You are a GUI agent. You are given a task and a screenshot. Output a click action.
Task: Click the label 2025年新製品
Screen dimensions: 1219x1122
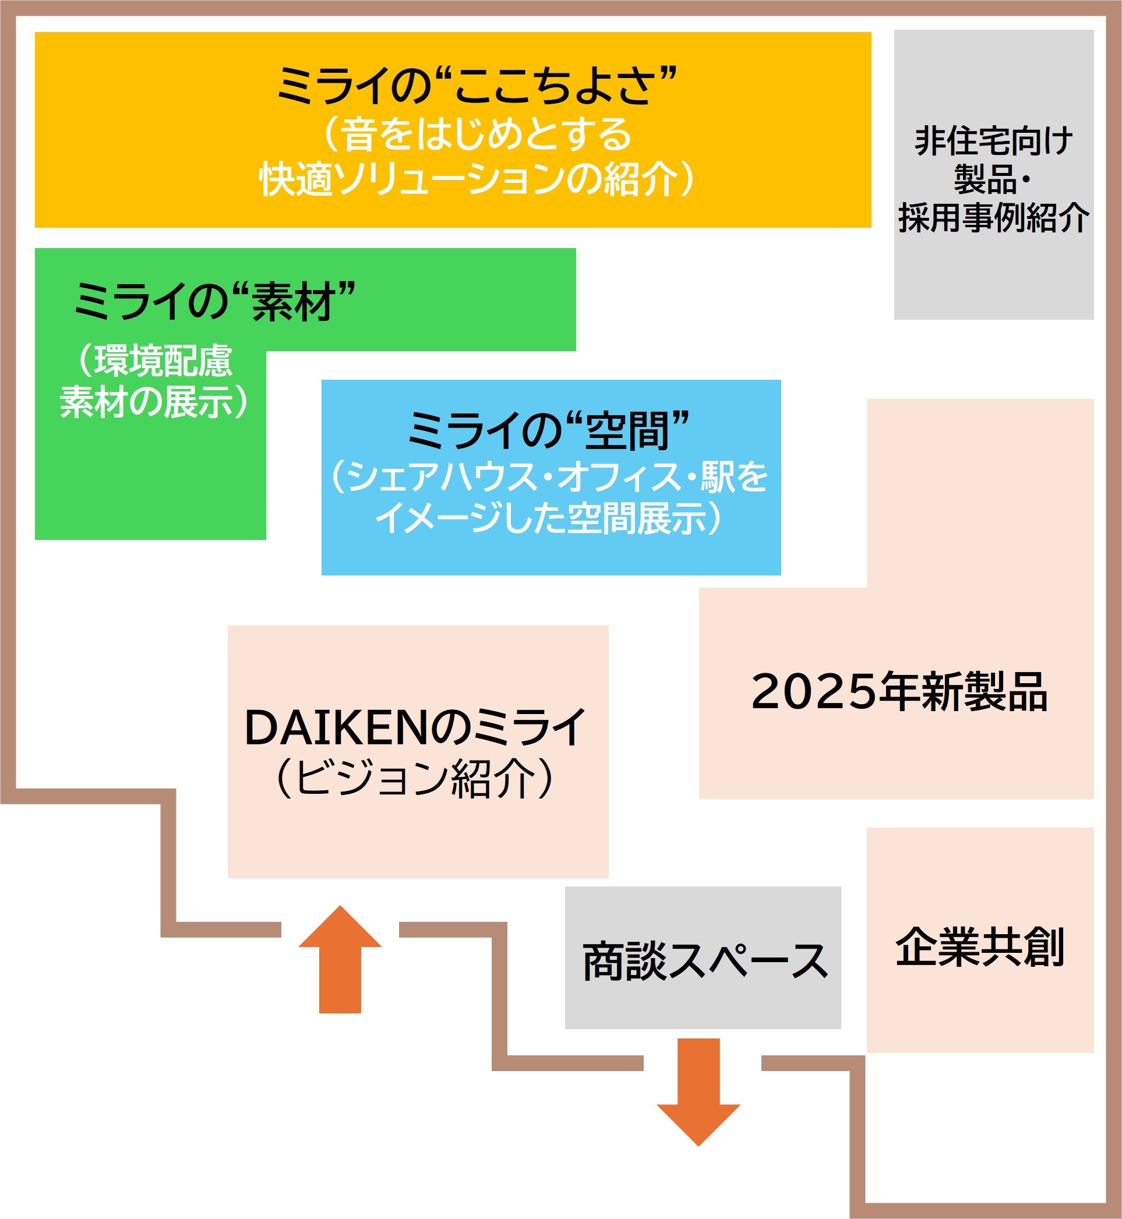899,691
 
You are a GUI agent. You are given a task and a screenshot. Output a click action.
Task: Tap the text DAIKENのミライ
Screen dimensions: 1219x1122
415,727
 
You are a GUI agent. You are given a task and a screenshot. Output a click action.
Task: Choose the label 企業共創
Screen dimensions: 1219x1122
979,947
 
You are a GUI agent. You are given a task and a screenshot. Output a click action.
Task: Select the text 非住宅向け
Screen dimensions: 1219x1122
993,142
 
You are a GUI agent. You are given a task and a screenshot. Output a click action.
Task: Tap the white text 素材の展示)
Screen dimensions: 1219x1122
154,401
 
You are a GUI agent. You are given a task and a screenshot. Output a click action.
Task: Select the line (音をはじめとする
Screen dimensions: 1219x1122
476,134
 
